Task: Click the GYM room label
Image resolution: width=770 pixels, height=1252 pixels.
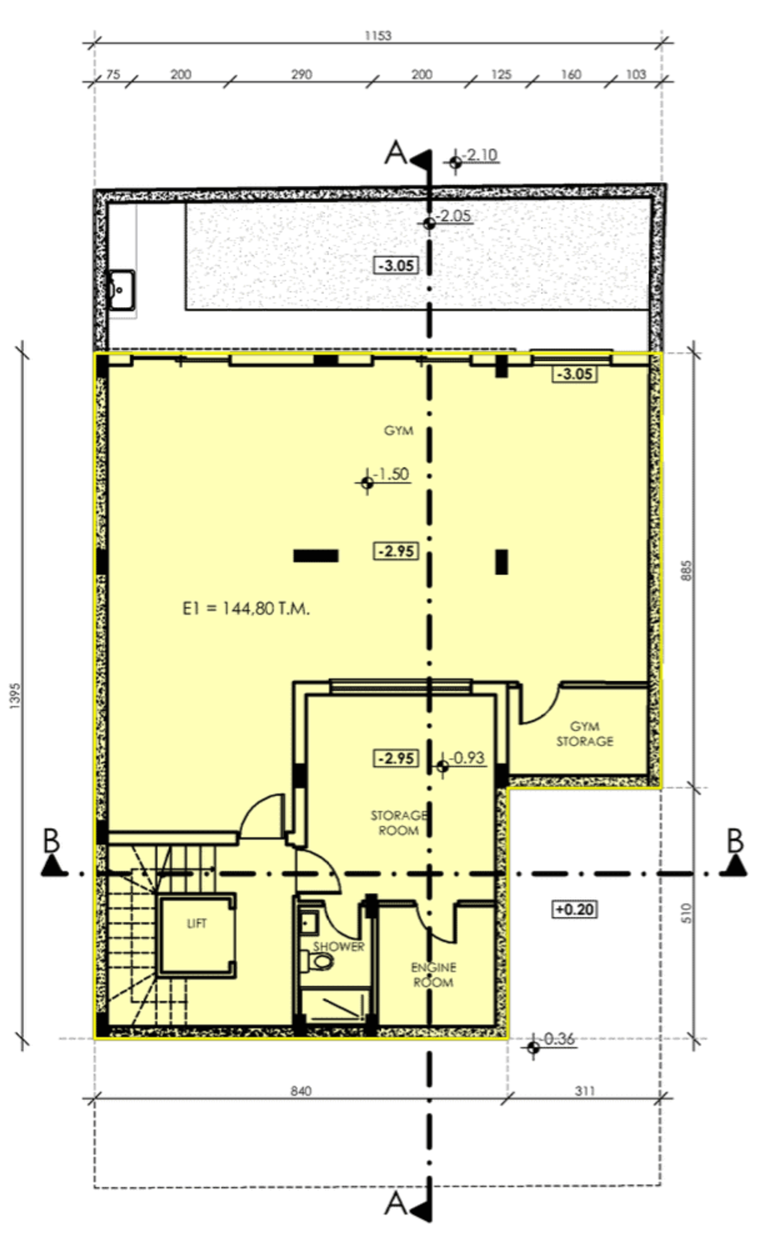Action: (399, 431)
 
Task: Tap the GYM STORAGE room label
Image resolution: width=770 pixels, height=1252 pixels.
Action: (585, 734)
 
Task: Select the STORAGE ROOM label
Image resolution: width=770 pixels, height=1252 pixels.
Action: (399, 822)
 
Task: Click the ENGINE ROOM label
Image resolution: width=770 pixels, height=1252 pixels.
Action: (432, 975)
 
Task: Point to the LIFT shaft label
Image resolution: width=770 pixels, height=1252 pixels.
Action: (197, 923)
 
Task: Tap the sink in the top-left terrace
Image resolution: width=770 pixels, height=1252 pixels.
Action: (121, 287)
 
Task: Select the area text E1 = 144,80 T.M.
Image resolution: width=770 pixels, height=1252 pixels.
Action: (246, 609)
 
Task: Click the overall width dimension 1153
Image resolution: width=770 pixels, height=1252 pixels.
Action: (378, 36)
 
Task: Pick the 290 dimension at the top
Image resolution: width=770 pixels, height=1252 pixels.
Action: (301, 75)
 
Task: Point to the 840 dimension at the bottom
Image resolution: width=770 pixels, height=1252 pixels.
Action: (301, 1091)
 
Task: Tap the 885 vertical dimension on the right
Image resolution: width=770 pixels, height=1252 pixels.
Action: (687, 571)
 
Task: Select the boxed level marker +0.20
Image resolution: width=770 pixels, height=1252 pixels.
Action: (575, 909)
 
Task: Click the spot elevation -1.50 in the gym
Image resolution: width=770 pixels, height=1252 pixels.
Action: (392, 475)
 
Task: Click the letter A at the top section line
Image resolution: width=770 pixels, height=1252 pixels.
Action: (395, 152)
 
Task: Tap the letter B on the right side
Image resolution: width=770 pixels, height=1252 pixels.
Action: (735, 841)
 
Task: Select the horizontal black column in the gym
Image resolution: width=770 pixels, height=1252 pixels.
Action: (315, 555)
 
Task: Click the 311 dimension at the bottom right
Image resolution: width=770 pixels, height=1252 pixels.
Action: (585, 1091)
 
